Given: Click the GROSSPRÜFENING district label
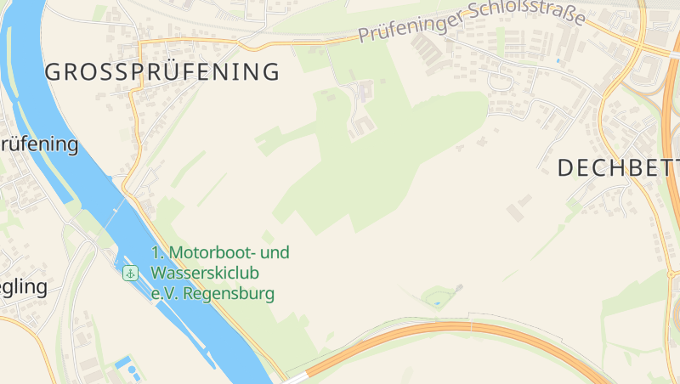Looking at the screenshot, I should (x=162, y=72).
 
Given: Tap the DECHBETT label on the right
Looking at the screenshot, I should (x=618, y=167).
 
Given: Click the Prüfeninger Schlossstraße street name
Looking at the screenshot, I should (x=471, y=24).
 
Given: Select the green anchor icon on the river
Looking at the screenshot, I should (x=130, y=273).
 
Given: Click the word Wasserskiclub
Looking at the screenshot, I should (x=205, y=273).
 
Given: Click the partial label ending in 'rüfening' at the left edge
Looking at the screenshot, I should (x=39, y=144).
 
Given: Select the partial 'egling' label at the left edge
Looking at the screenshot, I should (x=24, y=286).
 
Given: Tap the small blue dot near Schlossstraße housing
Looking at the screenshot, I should (x=558, y=60).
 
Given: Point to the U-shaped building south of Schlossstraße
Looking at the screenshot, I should (x=363, y=128).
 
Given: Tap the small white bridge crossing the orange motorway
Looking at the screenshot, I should (x=469, y=325).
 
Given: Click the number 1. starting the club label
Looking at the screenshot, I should (x=158, y=252).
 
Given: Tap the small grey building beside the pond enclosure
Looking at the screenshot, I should (x=459, y=288).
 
